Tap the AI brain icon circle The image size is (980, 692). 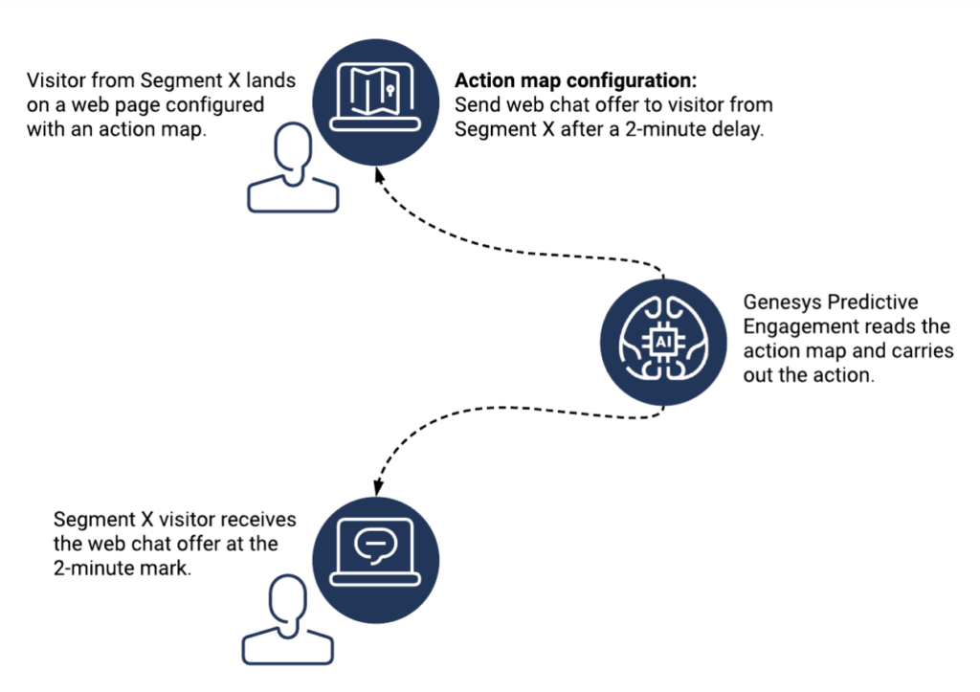[x=663, y=342]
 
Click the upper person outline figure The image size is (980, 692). [x=293, y=170]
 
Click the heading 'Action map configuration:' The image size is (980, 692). [x=576, y=79]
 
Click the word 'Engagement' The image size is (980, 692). [x=794, y=327]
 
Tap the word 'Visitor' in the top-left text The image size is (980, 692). [x=58, y=79]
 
